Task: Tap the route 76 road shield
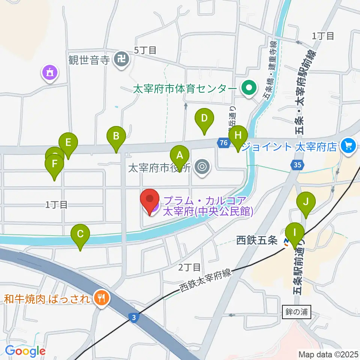[x=223, y=143]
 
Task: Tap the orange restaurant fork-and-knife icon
[x=101, y=298]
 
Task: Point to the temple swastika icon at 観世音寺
[x=121, y=59]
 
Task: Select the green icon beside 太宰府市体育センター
[x=248, y=89]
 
